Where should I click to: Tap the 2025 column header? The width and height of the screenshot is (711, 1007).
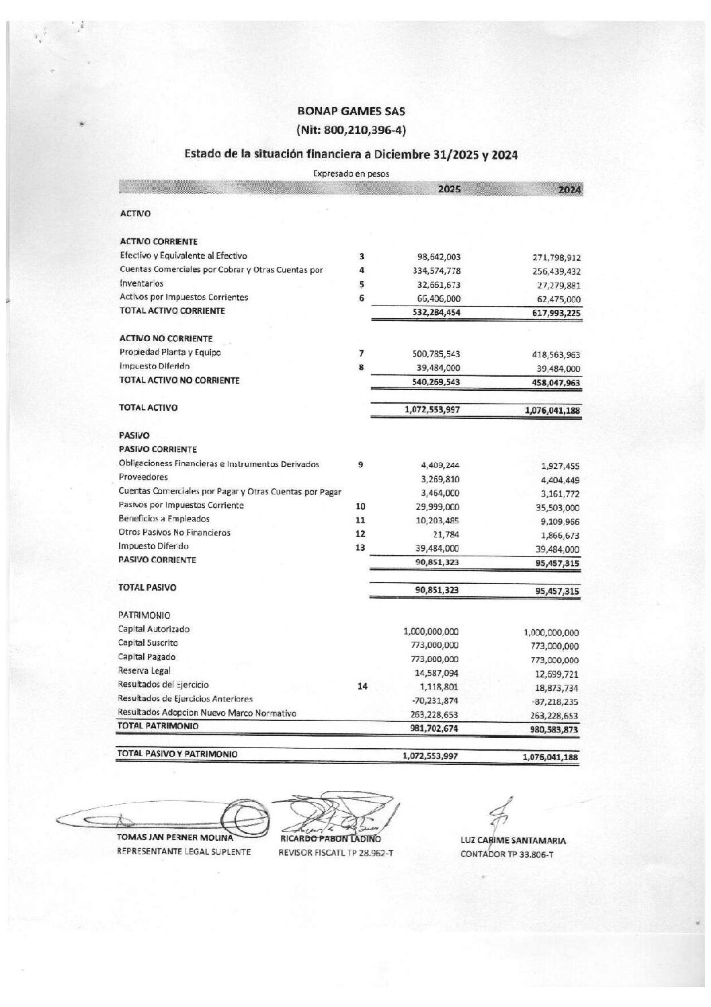(x=449, y=189)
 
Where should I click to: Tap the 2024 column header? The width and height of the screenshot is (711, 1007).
(x=569, y=190)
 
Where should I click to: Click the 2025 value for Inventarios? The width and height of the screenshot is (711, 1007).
(x=438, y=285)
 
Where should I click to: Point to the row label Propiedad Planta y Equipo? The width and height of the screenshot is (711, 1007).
(x=170, y=352)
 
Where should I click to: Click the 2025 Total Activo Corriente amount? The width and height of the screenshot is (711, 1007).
(x=435, y=312)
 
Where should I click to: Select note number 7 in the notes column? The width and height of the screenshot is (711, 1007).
(x=362, y=353)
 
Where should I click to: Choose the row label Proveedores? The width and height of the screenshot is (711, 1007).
(x=143, y=477)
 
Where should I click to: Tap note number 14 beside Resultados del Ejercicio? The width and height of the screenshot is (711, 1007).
(x=363, y=686)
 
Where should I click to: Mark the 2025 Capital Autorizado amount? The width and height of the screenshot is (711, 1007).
(x=431, y=632)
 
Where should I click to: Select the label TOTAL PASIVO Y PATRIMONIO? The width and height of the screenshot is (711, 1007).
(x=177, y=755)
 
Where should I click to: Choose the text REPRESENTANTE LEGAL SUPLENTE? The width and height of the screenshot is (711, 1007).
(x=184, y=852)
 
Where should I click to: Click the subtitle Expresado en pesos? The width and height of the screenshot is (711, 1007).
(x=351, y=174)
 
